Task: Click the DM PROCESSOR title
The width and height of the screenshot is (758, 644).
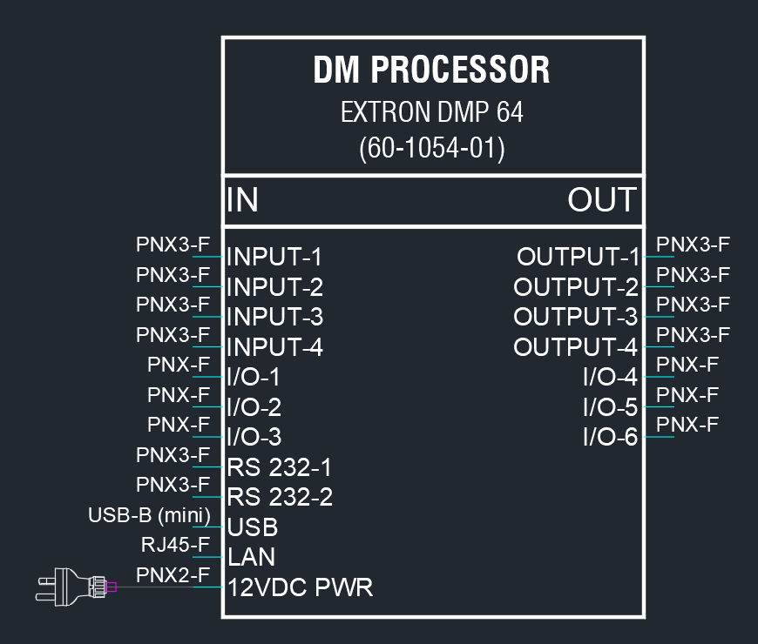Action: coord(431,70)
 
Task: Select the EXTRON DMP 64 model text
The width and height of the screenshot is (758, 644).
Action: coord(431,112)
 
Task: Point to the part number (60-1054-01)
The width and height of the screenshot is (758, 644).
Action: coord(431,148)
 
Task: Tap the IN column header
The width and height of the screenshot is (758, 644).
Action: coord(242,199)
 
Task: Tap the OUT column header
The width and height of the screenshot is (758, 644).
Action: coord(602,199)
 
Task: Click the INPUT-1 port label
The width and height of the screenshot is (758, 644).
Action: coord(274,257)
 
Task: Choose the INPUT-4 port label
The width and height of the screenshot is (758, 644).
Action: coord(274,347)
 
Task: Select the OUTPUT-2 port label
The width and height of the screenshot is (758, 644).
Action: coord(576,287)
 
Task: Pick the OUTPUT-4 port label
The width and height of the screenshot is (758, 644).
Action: coord(576,347)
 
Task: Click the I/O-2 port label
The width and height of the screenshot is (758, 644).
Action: coord(254,407)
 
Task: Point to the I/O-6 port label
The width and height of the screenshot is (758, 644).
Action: coord(611,437)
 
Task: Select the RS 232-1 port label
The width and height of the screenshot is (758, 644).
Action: coord(279,467)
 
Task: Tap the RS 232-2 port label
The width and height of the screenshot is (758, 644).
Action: coord(280,497)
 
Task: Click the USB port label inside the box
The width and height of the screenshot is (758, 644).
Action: coord(253,527)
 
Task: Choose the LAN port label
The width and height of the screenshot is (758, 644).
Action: coord(251,557)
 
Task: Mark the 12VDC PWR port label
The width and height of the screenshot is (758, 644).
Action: coord(300,587)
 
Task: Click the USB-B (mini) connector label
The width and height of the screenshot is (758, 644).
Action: coord(149,515)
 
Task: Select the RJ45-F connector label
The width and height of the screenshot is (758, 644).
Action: coord(175,545)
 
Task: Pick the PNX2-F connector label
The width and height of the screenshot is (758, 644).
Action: coord(173,575)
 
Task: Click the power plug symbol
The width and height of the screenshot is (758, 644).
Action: coord(76,587)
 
